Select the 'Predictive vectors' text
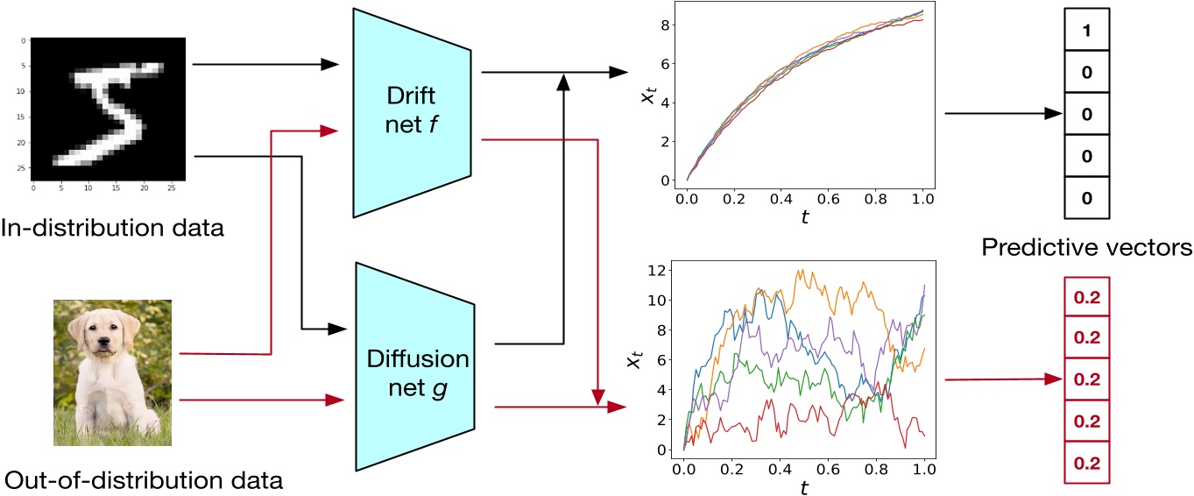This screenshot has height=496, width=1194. tap(1085, 248)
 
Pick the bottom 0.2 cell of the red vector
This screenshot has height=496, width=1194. tap(1086, 463)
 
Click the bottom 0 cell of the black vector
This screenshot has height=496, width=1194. tap(1085, 199)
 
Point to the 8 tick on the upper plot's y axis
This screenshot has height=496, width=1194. tap(668, 25)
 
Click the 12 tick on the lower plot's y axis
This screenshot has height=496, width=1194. tap(665, 268)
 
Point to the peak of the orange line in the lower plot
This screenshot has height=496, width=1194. tap(798, 271)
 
